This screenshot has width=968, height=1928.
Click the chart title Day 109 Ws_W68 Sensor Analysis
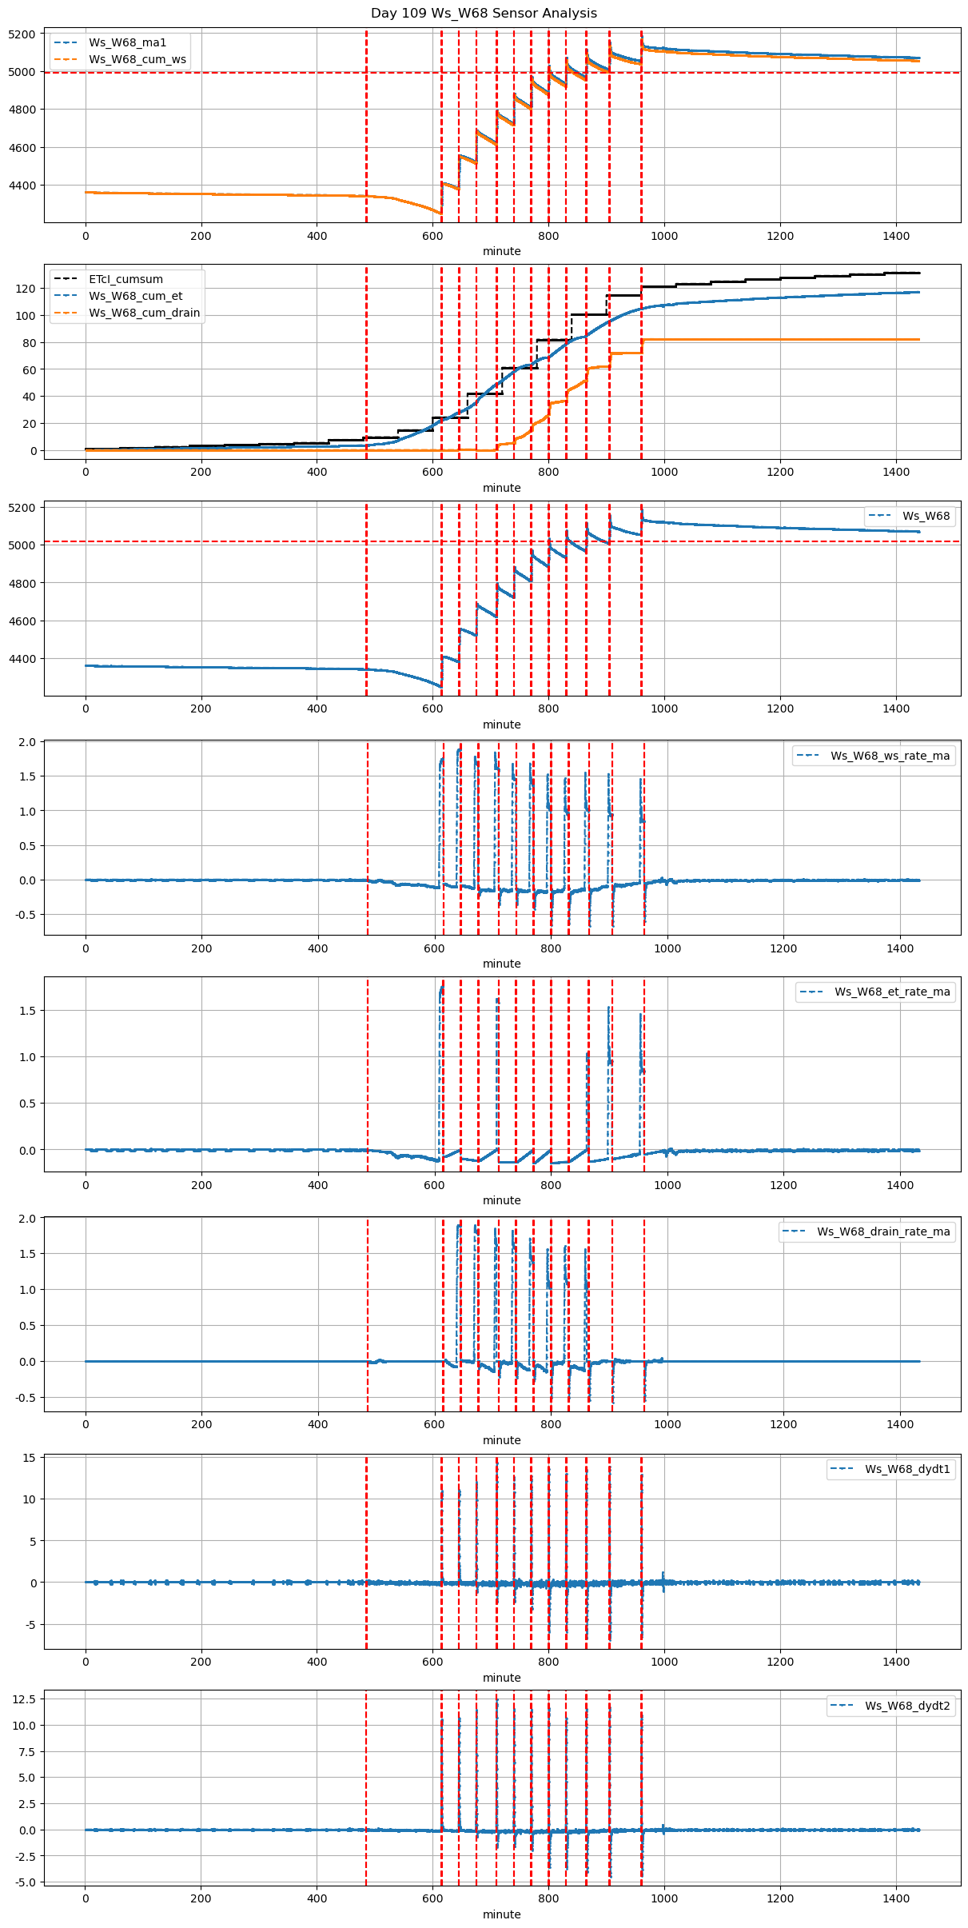tap(484, 13)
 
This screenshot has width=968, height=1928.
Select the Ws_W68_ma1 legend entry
tap(127, 42)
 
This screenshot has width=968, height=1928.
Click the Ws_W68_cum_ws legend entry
tap(137, 59)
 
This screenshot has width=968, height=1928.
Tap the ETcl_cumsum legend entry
tap(125, 279)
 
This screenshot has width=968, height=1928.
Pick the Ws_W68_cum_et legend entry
tap(135, 296)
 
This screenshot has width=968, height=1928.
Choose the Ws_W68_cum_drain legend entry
tap(144, 313)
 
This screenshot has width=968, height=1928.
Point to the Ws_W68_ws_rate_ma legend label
tap(890, 756)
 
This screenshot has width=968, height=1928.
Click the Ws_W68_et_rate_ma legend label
tap(892, 992)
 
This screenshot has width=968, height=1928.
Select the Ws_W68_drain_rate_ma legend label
tap(883, 1231)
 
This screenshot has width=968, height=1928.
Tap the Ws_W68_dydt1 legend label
tap(907, 1469)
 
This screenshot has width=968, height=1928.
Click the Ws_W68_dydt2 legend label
tap(907, 1706)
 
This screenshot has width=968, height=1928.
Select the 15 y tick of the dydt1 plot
tap(30, 1458)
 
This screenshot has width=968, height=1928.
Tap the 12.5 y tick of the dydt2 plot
tap(24, 1698)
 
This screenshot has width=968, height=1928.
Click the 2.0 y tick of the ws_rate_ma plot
tap(27, 742)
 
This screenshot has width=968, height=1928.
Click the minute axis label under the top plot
tap(501, 251)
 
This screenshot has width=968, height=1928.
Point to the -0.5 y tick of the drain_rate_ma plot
tap(25, 1398)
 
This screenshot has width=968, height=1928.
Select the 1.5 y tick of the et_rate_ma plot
tap(27, 1011)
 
